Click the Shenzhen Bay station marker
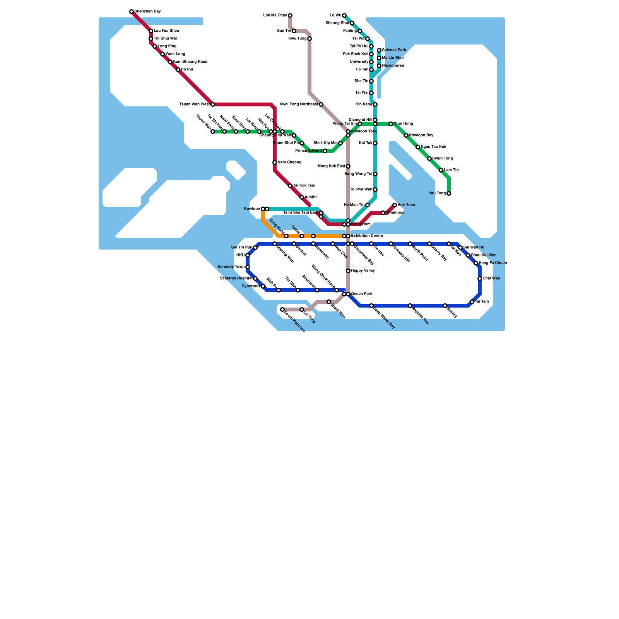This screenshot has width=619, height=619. point(132,12)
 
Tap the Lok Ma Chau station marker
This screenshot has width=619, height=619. point(290,15)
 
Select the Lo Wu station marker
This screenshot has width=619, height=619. point(344,15)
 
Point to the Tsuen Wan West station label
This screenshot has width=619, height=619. point(195,104)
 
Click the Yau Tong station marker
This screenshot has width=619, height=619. point(449,193)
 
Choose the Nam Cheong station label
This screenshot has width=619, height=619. point(289,162)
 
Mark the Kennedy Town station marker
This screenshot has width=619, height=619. point(248,267)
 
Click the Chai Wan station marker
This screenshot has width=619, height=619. point(480,279)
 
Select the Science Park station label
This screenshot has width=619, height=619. point(394,50)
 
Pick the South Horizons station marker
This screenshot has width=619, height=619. point(282,309)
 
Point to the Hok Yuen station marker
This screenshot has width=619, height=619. point(395,205)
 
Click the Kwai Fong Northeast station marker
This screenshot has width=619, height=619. point(321,104)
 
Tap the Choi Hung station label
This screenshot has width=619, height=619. point(404,124)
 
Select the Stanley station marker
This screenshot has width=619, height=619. point(445,306)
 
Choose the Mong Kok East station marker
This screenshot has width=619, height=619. point(348,166)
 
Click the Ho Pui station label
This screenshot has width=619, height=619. point(187,70)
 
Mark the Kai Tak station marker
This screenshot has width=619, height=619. point(375,143)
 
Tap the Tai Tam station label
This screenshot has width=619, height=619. point(482,302)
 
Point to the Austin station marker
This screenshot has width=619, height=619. point(302,197)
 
